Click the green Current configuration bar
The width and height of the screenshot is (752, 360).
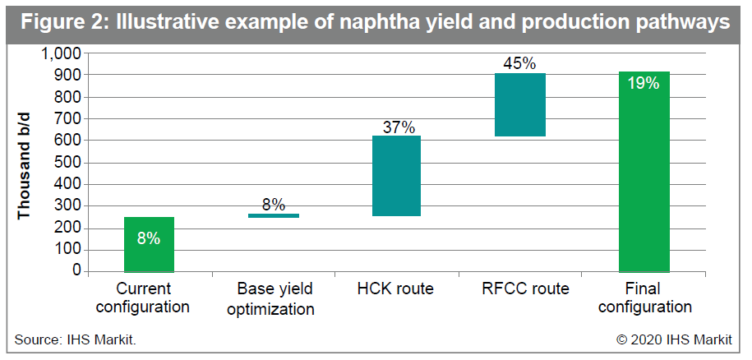click(149, 244)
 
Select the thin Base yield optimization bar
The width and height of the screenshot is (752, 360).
click(274, 215)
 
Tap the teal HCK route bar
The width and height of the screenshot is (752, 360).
click(396, 176)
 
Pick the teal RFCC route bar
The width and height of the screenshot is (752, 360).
click(520, 105)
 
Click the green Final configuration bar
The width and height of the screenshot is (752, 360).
click(644, 172)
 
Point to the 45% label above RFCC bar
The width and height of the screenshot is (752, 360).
click(519, 63)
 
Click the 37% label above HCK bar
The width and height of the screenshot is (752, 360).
click(399, 127)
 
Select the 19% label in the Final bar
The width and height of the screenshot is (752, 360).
click(644, 83)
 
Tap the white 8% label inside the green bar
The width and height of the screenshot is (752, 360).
click(149, 238)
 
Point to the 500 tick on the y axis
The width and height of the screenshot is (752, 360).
click(70, 163)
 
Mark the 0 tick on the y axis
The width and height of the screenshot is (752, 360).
click(79, 271)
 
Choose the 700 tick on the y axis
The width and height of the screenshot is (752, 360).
click(70, 119)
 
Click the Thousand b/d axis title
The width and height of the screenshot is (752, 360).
click(24, 166)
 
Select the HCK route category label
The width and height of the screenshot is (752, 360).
click(395, 288)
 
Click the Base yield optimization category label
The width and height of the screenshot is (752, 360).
click(271, 299)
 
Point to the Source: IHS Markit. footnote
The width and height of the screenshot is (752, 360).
click(76, 340)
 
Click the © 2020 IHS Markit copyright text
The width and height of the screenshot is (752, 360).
click(674, 340)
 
